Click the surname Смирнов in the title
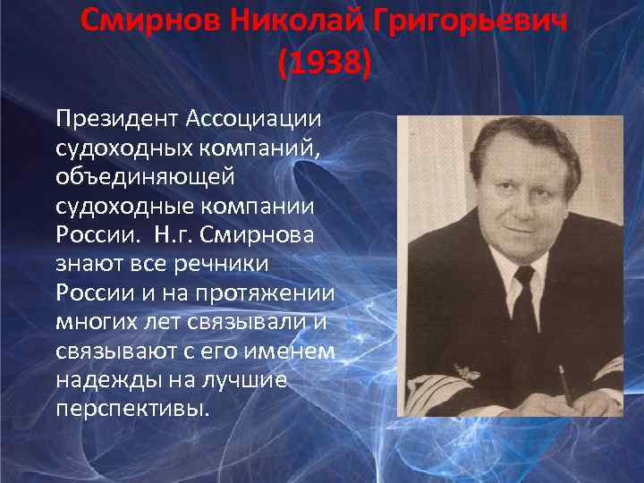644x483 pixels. (x=149, y=20)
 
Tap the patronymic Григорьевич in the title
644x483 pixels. (x=465, y=20)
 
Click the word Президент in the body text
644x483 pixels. (x=116, y=119)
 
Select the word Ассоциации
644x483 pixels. (x=256, y=119)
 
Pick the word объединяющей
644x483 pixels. (x=145, y=177)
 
